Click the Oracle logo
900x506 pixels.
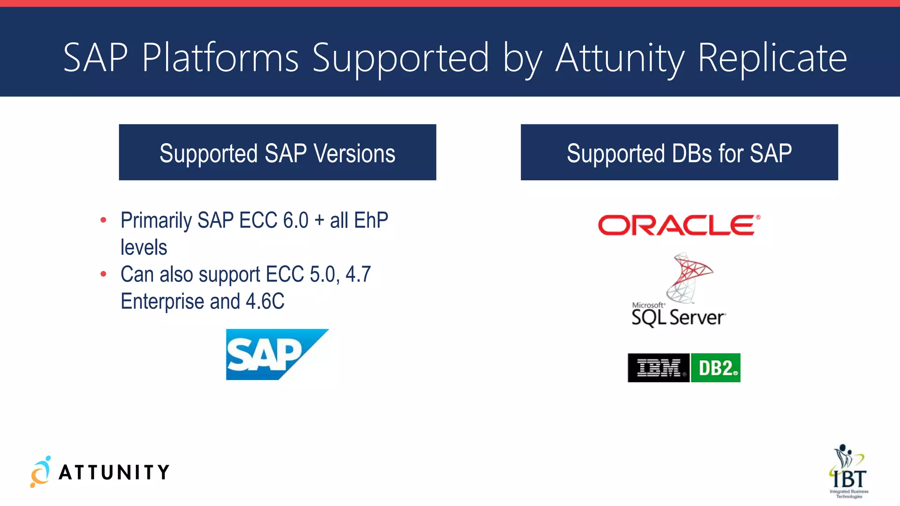click(679, 225)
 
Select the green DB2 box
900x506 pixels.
click(715, 368)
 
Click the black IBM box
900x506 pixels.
click(658, 368)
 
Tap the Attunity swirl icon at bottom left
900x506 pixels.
click(40, 472)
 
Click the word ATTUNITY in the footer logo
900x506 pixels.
click(114, 473)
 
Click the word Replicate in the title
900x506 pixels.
click(772, 58)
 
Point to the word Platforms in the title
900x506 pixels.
click(220, 58)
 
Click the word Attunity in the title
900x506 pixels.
click(620, 58)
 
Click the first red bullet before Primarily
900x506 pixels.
click(103, 220)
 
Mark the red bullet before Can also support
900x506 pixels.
click(103, 275)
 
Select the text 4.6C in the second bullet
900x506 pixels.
click(265, 301)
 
